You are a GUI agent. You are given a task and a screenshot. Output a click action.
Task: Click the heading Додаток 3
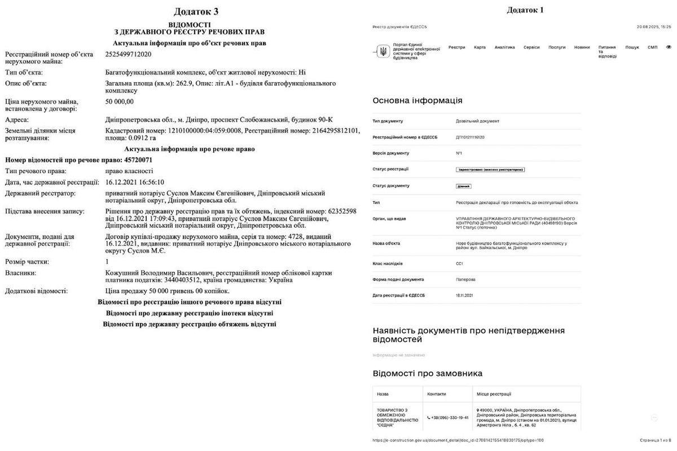coord(195,11)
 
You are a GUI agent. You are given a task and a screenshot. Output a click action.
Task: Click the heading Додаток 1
coord(525,10)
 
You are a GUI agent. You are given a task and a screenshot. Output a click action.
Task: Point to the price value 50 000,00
coord(120,101)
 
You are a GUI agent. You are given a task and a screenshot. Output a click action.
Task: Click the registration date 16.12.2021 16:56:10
coord(135,182)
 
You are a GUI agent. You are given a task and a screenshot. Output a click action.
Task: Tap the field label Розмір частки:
coord(27,262)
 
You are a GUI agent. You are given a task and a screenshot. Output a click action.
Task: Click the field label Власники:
coord(21,273)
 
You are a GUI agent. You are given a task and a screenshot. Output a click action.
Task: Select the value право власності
coord(129,171)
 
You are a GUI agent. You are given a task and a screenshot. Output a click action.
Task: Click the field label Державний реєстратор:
coord(40,193)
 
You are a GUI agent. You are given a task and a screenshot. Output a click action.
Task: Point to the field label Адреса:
coord(17,120)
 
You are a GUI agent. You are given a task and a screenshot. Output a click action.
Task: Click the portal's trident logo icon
coord(383,52)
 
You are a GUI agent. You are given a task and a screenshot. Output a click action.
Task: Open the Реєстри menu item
coord(456,47)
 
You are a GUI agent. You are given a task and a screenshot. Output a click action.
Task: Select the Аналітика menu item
coord(504,47)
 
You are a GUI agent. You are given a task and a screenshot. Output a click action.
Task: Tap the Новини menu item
coord(582,47)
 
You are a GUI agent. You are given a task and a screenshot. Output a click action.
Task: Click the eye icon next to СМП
coord(669,47)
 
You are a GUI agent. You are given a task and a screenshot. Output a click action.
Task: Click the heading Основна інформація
coord(417,100)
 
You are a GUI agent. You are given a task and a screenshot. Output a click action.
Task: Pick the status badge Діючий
coord(463,186)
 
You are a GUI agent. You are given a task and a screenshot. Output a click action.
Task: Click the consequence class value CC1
coord(459,263)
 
